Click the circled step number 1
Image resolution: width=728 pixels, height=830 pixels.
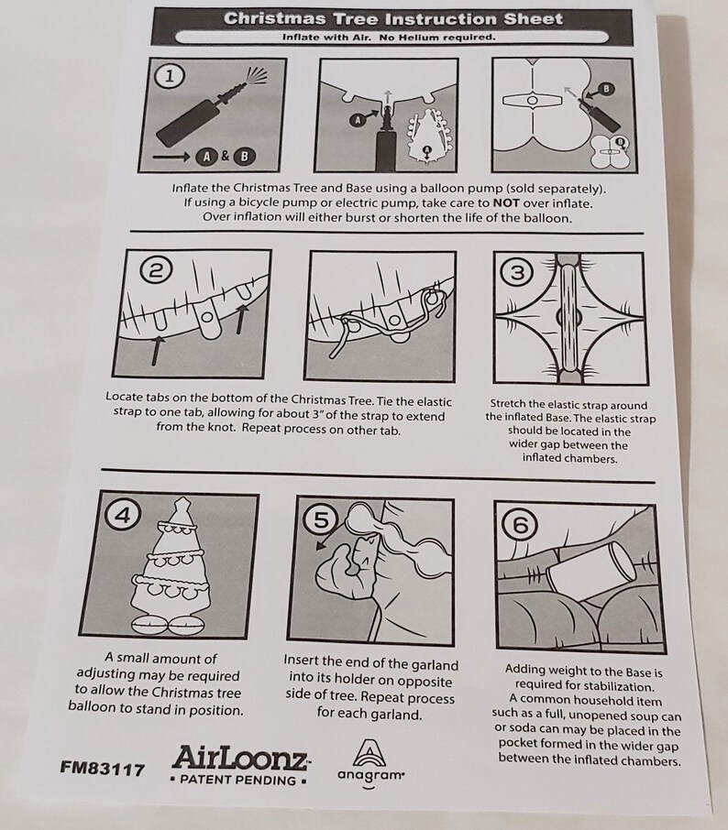coord(169,77)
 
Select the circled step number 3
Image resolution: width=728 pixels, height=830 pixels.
coord(518,273)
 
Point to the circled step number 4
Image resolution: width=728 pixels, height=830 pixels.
coord(123,515)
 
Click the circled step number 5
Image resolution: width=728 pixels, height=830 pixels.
coord(321,519)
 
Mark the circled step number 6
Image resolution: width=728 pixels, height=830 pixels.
coord(522,526)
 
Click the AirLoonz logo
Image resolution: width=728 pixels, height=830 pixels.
coord(241,758)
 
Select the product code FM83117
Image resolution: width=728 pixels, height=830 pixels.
coord(102,768)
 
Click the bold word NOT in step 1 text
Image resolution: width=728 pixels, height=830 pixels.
coord(506,202)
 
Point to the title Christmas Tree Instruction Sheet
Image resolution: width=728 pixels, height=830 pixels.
coord(392,18)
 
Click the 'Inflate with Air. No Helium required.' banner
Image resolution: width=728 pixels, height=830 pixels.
coord(389,37)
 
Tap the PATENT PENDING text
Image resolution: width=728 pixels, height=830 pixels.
coord(238,780)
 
